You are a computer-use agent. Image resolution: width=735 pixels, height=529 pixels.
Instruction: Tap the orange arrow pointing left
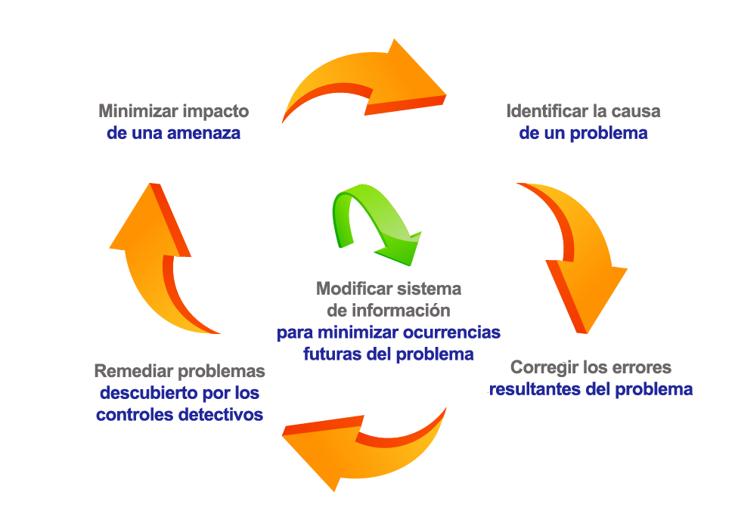pyautogui.click(x=363, y=450)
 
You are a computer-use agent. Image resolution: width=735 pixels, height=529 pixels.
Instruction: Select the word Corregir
pyautogui.click(x=541, y=368)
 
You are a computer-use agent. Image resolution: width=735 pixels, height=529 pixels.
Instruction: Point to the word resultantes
pyautogui.click(x=535, y=390)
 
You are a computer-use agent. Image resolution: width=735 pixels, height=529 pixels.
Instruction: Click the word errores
pyautogui.click(x=644, y=368)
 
